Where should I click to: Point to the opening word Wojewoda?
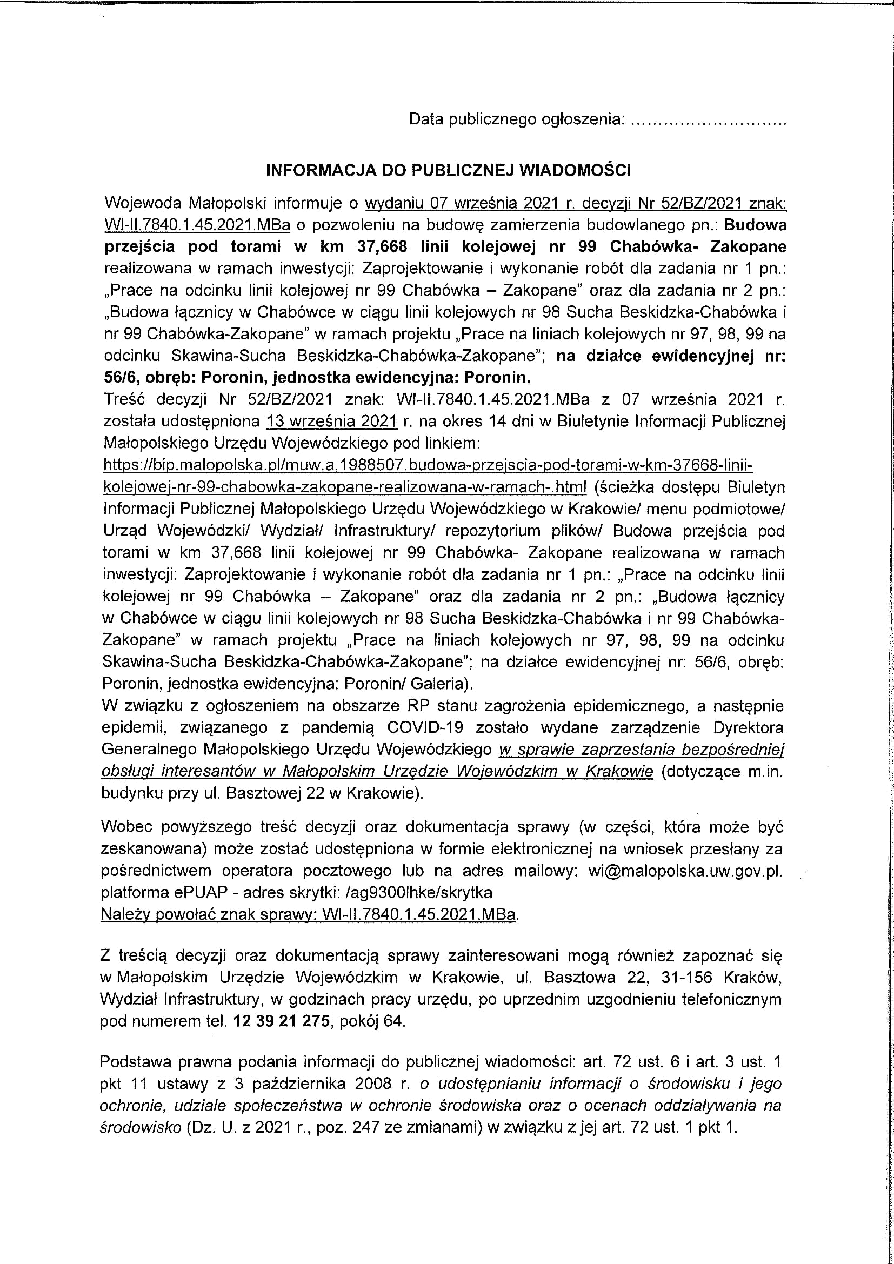[x=143, y=203]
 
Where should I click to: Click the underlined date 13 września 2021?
[x=331, y=422]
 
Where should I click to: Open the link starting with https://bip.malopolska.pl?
[x=427, y=466]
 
